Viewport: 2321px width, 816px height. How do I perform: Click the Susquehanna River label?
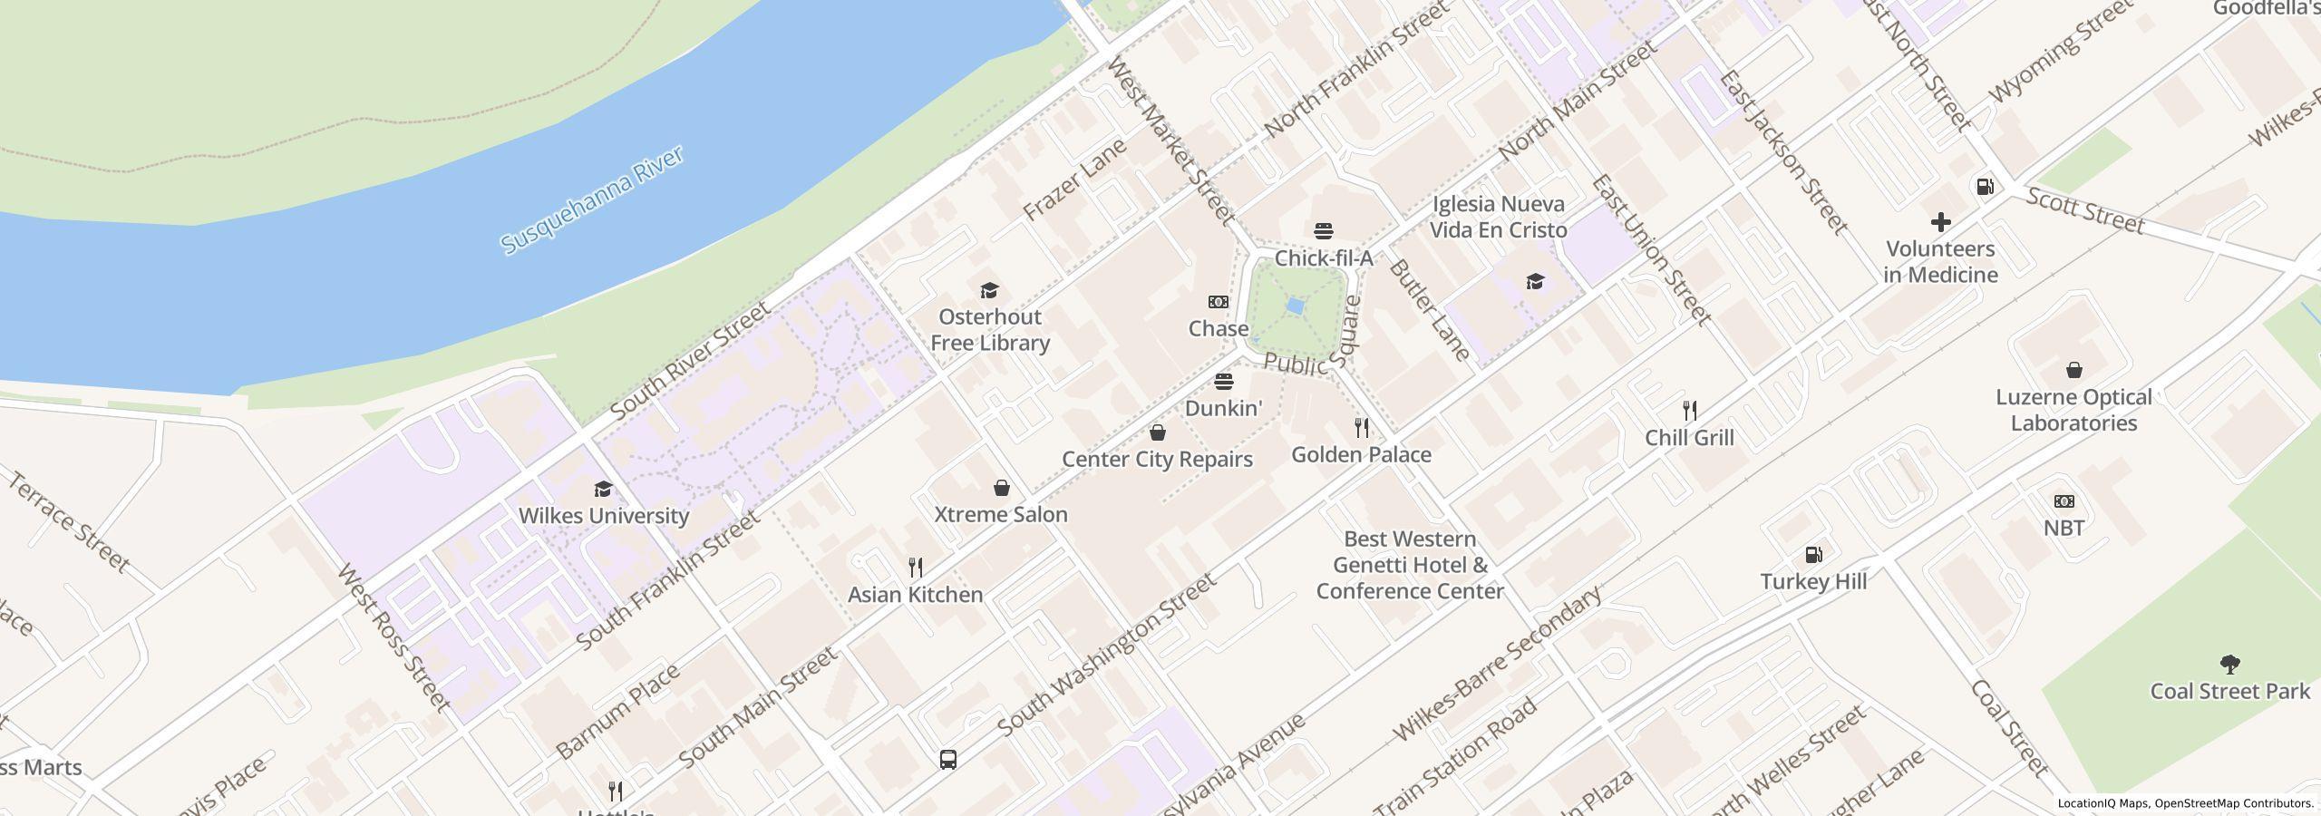click(592, 201)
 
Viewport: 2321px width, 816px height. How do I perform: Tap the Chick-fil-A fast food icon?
click(1324, 230)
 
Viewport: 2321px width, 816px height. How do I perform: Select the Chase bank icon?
click(1219, 302)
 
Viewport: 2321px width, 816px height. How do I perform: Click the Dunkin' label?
click(1223, 409)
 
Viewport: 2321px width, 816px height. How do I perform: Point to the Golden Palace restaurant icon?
click(1361, 427)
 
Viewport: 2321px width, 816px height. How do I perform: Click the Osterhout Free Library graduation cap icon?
click(989, 290)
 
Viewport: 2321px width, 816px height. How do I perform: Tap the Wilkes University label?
click(604, 516)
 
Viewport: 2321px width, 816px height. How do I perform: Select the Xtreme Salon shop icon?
click(1001, 489)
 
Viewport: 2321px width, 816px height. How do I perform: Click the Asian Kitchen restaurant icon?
click(916, 568)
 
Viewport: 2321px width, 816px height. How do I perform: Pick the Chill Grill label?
click(1689, 438)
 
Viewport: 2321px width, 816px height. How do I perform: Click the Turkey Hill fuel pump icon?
click(1813, 555)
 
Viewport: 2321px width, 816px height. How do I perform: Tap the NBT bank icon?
click(2064, 501)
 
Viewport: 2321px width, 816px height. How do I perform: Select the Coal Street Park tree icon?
click(2229, 665)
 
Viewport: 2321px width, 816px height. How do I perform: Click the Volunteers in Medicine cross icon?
click(1940, 222)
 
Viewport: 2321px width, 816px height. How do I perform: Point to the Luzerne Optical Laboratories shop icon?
click(2073, 370)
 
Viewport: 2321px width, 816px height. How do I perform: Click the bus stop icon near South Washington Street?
click(947, 759)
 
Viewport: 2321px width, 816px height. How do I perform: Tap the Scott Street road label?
click(2084, 209)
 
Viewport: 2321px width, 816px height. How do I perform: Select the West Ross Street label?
click(393, 637)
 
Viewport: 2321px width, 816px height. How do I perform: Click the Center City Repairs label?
click(1157, 460)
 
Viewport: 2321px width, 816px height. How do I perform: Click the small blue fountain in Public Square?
click(1295, 307)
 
